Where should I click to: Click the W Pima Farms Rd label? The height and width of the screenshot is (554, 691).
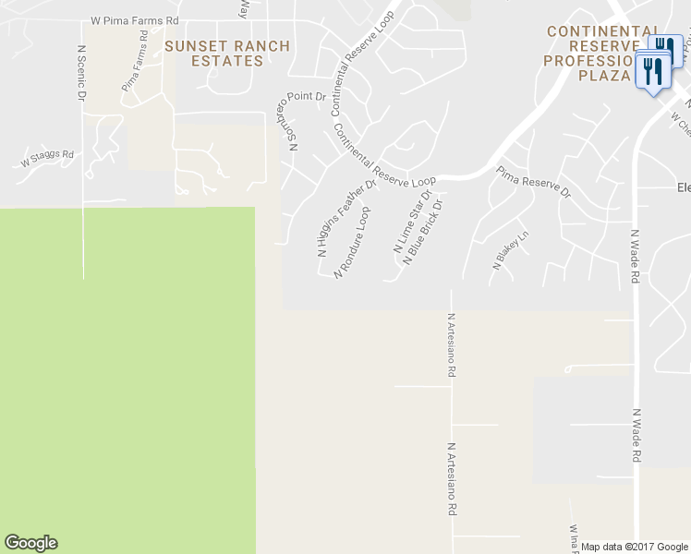(x=134, y=19)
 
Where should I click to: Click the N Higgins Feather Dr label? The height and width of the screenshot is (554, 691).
(x=347, y=218)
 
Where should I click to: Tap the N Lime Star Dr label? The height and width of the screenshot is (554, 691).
(x=413, y=223)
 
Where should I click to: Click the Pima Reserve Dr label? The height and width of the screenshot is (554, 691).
(x=533, y=183)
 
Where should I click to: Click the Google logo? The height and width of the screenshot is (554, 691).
(x=30, y=543)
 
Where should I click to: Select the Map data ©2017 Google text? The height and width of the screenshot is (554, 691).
(x=635, y=547)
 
